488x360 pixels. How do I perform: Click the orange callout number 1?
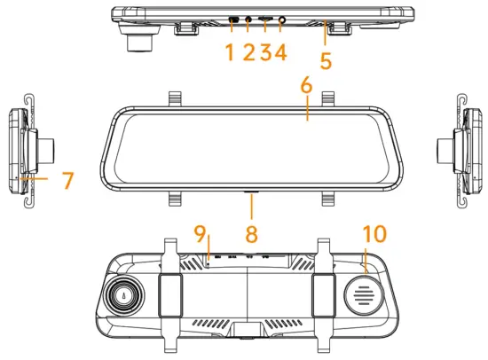230,52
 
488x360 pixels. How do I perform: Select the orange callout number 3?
266,52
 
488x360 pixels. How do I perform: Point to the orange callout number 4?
281,52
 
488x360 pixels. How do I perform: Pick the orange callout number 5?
326,61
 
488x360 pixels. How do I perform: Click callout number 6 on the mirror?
306,86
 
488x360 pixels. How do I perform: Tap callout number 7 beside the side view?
67,181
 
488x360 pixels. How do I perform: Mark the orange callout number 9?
201,237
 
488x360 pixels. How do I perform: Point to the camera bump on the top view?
139,39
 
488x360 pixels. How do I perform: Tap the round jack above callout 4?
283,20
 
